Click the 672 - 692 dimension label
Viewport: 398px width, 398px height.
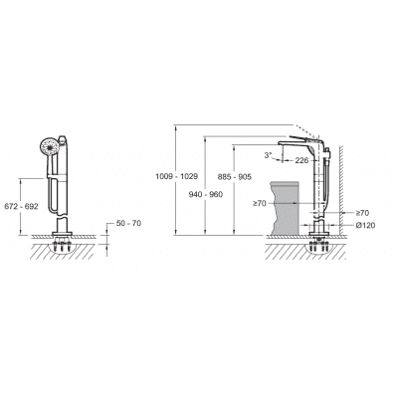click(x=21, y=206)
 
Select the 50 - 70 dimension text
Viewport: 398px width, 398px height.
click(x=128, y=223)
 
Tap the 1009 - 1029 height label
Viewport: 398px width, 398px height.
click(x=177, y=176)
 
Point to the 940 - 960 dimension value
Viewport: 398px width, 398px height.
click(x=206, y=194)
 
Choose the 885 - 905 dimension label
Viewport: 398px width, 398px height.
click(x=235, y=177)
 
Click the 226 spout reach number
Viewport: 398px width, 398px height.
click(x=301, y=160)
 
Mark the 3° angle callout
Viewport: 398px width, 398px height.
click(x=269, y=154)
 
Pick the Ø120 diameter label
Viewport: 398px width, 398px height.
click(x=365, y=226)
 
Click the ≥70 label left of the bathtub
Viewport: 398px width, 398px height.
click(x=260, y=203)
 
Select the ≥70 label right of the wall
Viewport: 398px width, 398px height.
click(x=362, y=213)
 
